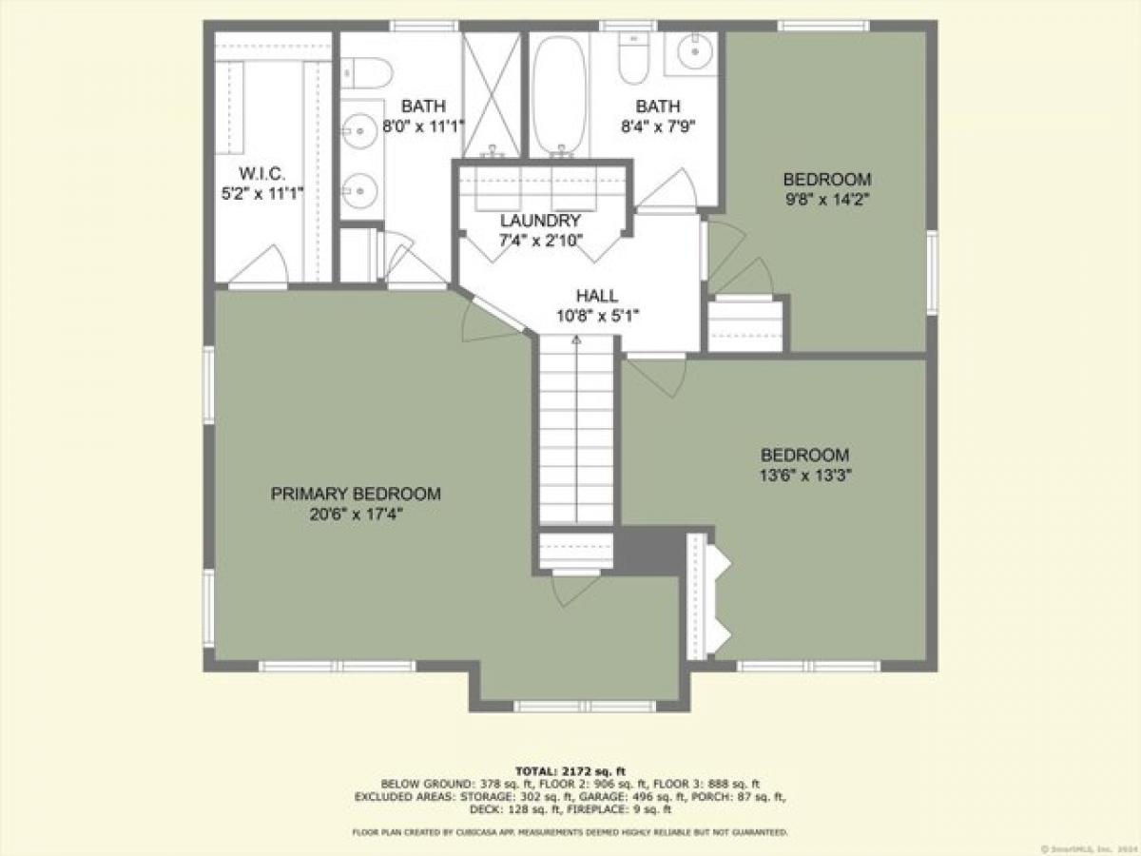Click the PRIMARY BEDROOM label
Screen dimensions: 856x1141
click(356, 494)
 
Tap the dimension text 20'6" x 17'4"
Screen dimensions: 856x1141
click(356, 515)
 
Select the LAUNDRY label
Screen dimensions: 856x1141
click(540, 220)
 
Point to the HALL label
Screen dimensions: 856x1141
click(596, 296)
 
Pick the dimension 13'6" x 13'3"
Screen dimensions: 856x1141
click(804, 476)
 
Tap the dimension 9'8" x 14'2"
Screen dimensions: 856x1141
click(826, 200)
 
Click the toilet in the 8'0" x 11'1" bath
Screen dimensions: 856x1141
click(366, 69)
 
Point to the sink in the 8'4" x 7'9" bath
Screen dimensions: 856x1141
click(699, 51)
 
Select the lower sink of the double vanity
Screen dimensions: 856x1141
click(359, 191)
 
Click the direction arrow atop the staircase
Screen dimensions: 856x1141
click(575, 340)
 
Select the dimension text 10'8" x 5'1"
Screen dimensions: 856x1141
click(596, 316)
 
